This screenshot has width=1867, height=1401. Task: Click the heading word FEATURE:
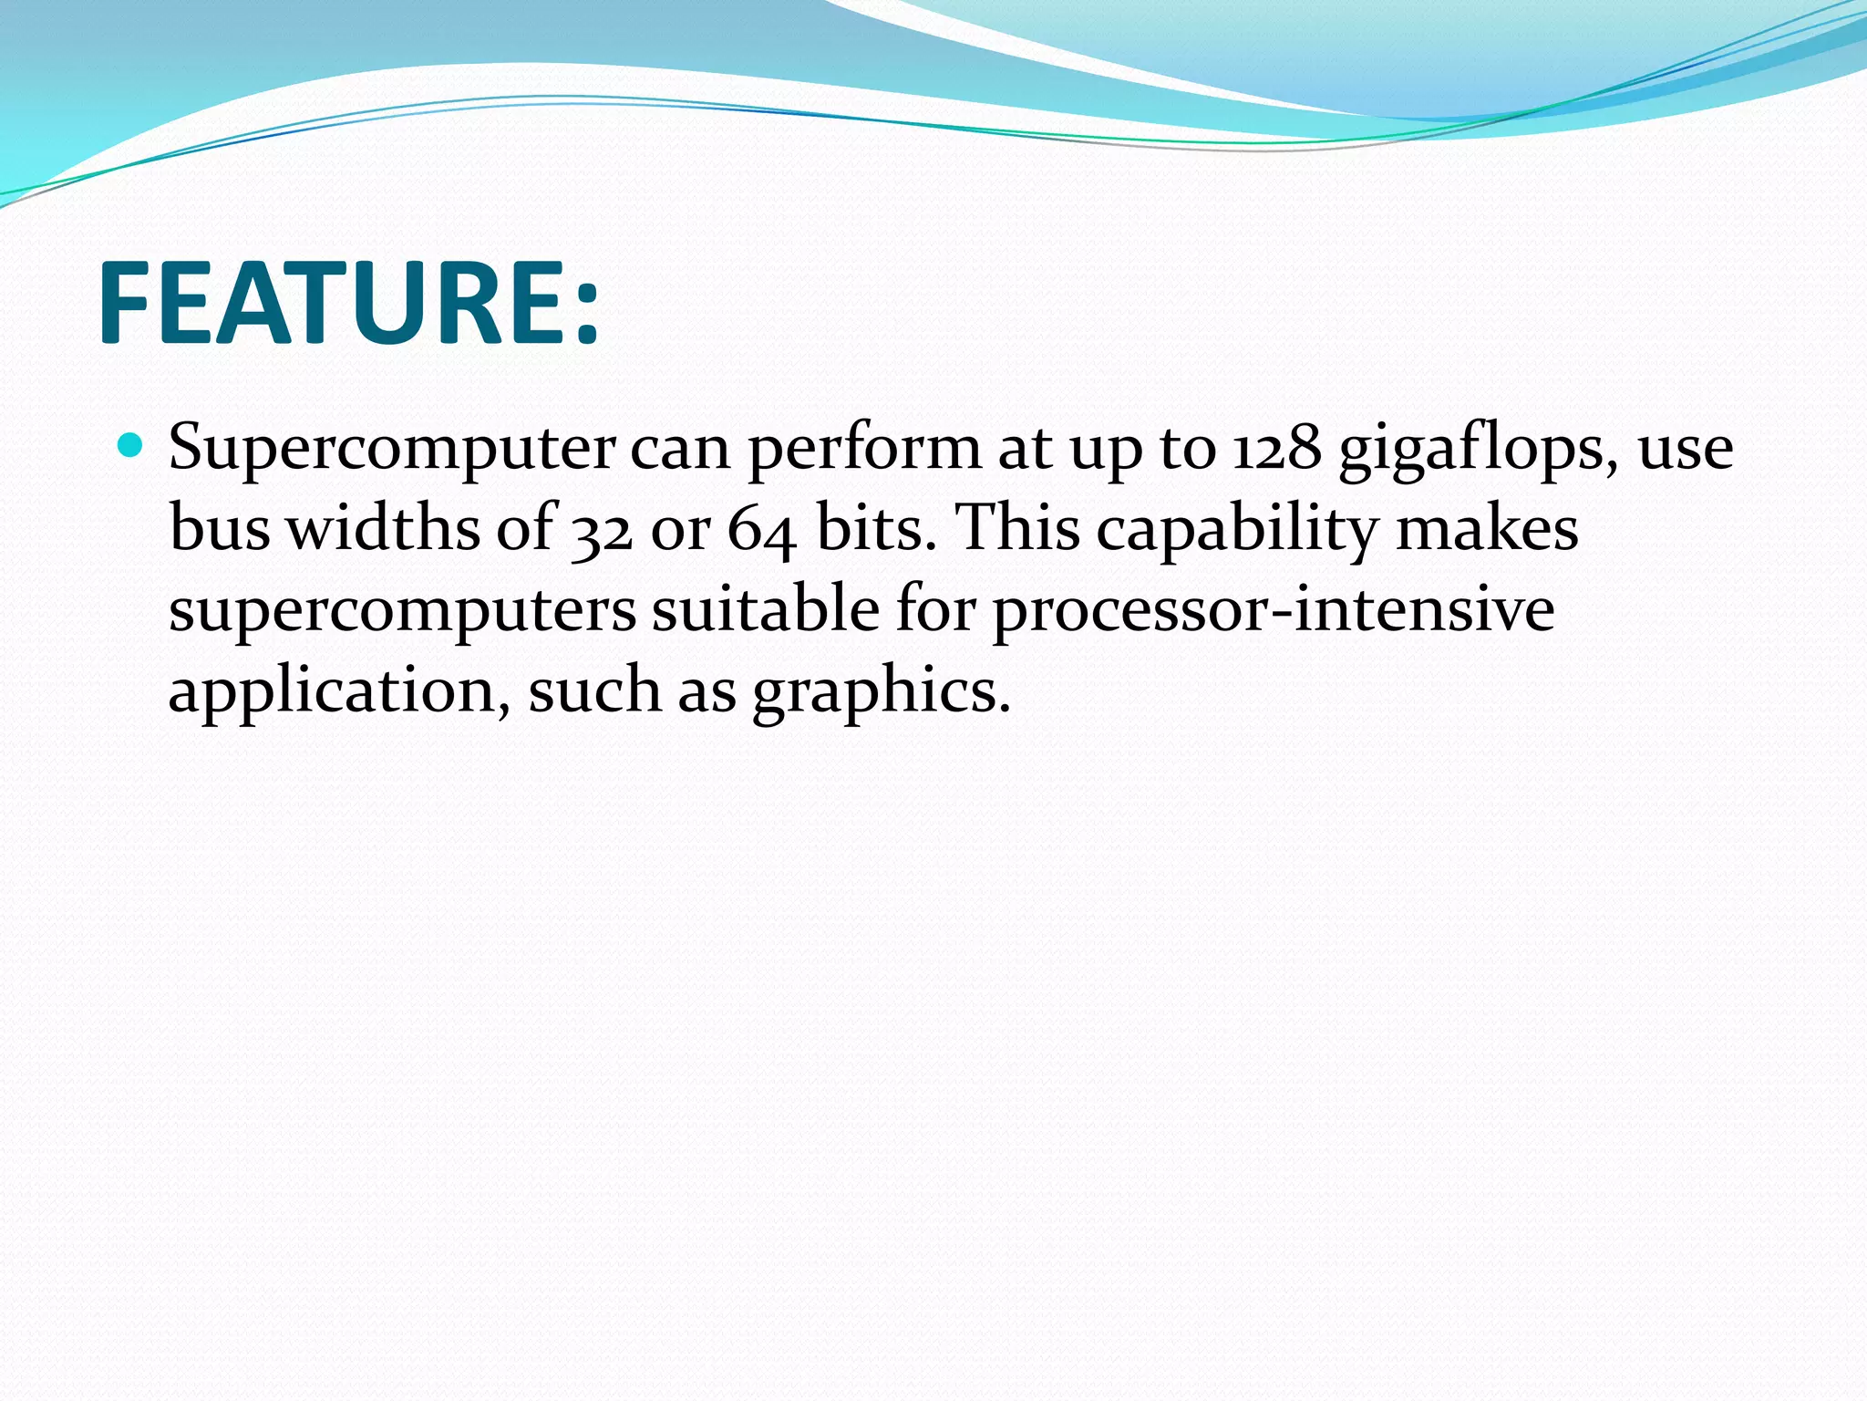pos(348,303)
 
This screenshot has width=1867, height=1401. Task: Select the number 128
pos(1276,448)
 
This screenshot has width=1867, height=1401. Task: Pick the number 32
pos(602,530)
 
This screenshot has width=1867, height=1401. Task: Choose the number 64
pos(761,530)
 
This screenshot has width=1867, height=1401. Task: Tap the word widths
pos(383,528)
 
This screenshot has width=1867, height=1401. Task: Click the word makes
pos(1487,528)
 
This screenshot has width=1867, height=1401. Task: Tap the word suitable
pos(765,608)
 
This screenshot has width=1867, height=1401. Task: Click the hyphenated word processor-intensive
pos(1273,610)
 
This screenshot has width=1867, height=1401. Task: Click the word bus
pos(220,528)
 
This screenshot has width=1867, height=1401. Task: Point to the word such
pos(594,690)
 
